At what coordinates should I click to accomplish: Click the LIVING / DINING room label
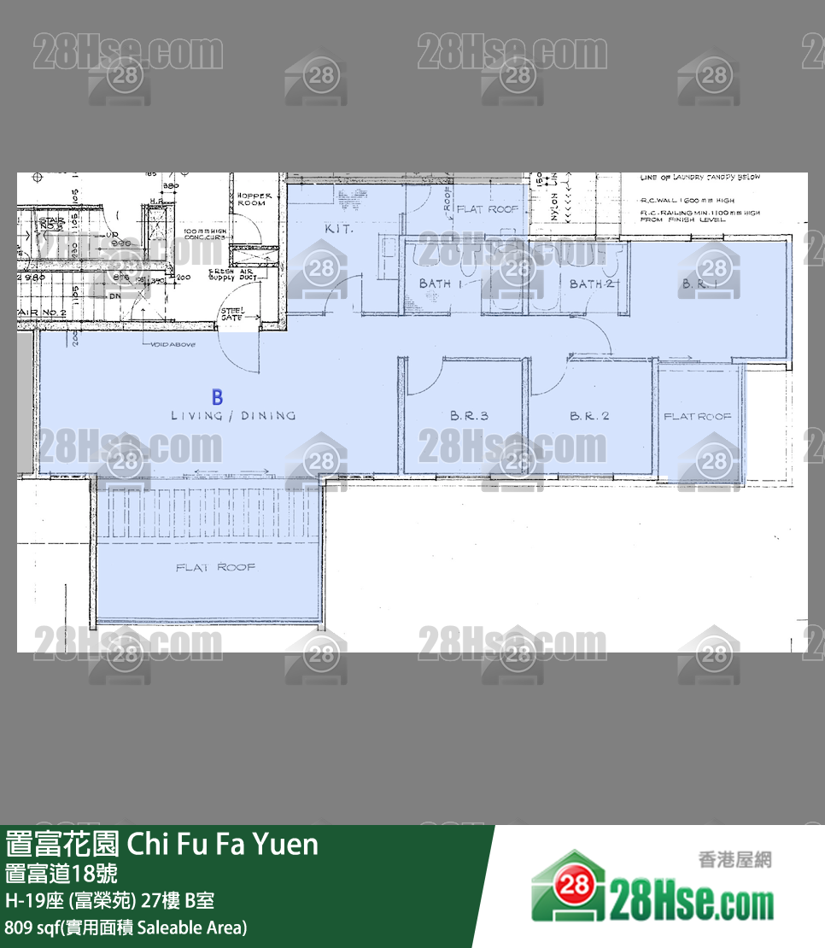pos(233,416)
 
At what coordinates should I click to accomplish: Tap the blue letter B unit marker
pos(218,397)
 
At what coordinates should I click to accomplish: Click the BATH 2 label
pos(592,284)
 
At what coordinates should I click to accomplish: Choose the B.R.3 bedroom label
pos(469,416)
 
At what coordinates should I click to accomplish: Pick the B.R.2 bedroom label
pos(589,416)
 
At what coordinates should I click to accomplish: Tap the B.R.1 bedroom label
pos(699,284)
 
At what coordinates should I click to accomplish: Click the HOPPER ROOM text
pos(255,200)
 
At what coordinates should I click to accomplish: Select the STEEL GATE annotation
pos(231,313)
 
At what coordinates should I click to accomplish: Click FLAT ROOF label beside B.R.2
pos(698,416)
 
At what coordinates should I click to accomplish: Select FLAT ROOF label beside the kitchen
pos(488,208)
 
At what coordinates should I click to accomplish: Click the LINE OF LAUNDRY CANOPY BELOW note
pos(700,178)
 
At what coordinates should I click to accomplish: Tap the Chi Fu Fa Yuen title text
pos(162,844)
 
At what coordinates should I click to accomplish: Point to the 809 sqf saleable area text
pos(126,927)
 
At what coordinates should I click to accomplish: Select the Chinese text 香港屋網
pos(734,860)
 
